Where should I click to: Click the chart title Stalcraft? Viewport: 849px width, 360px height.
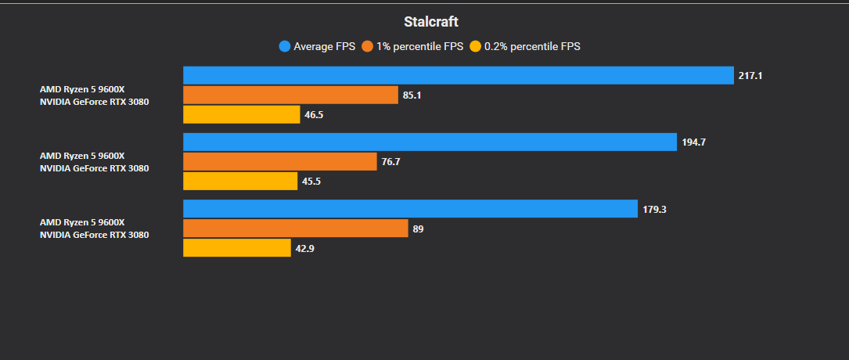(431, 22)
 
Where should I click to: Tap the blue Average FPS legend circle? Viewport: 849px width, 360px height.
(285, 46)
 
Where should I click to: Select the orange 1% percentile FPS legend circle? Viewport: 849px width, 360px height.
(368, 46)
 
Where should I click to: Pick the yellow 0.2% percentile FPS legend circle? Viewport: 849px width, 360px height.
(476, 46)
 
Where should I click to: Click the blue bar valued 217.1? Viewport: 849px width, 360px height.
(459, 76)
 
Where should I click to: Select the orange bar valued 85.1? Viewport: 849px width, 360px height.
(291, 95)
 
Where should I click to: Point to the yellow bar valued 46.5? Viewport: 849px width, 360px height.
(242, 115)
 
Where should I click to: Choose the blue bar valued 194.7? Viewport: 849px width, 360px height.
(430, 142)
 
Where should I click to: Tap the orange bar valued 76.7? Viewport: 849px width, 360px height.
(280, 161)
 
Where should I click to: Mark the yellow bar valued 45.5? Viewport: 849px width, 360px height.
(240, 182)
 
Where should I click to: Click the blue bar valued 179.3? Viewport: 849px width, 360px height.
(411, 209)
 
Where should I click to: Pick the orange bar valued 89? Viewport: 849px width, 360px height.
(296, 229)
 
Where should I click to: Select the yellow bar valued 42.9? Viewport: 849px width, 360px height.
(237, 248)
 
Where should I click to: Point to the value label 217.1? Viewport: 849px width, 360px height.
(750, 76)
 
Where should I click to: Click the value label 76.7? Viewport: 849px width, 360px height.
(391, 162)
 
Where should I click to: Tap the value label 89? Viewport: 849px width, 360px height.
(418, 229)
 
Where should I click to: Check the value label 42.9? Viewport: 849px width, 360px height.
(305, 249)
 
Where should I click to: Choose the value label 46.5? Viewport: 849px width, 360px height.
(314, 115)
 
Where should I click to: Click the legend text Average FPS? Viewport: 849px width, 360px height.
(324, 46)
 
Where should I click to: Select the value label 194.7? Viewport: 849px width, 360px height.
(694, 142)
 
